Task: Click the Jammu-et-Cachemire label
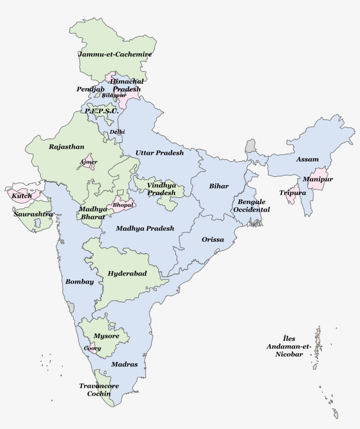(x=115, y=54)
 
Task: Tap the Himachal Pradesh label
(x=126, y=85)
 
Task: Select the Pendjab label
(x=90, y=89)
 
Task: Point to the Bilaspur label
(x=114, y=95)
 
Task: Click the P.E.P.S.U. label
(x=102, y=111)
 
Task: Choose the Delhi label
(x=117, y=132)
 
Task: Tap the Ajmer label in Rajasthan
(x=88, y=162)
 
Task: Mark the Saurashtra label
(x=33, y=214)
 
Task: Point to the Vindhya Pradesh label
(x=162, y=189)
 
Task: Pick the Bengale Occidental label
(x=252, y=206)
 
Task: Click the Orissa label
(x=213, y=240)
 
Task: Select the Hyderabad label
(x=127, y=273)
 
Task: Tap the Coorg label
(x=93, y=348)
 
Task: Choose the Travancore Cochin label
(x=95, y=390)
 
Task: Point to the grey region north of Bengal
(x=251, y=146)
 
